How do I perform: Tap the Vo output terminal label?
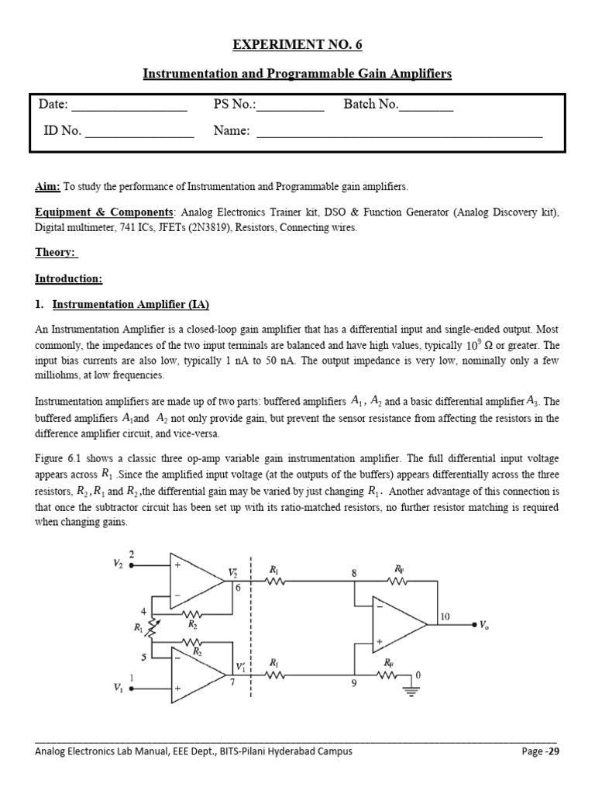[485, 623]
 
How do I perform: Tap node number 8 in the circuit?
[354, 573]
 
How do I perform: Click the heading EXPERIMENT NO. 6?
[297, 45]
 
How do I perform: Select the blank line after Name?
[399, 132]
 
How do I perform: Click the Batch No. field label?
[370, 105]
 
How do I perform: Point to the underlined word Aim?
[48, 187]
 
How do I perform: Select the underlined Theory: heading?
[57, 253]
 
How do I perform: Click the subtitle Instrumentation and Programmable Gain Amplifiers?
[297, 74]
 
